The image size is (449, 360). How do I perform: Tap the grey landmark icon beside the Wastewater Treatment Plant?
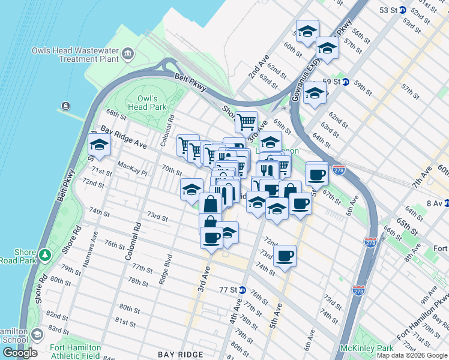tap(128, 55)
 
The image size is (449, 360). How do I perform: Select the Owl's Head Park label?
tap(151, 103)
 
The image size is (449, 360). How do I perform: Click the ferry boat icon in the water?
tap(65, 107)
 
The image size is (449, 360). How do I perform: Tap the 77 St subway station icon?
tap(242, 290)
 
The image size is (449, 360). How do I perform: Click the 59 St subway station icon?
tap(346, 82)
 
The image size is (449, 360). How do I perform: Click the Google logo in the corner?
tap(20, 353)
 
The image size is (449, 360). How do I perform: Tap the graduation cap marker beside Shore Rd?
tap(99, 145)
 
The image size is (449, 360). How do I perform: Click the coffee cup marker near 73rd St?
tap(285, 256)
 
